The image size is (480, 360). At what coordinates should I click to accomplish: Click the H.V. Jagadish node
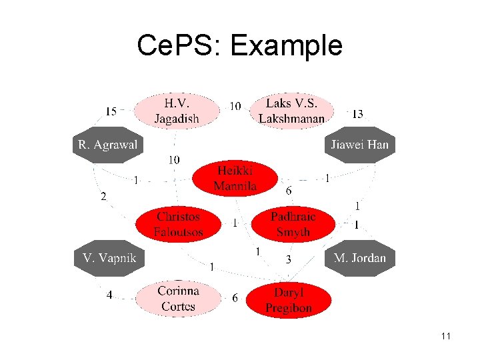[177, 111]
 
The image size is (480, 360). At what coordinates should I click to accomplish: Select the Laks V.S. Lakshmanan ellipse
[291, 111]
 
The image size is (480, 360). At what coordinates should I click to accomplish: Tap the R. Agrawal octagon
[107, 144]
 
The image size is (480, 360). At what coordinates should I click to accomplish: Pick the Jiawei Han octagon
[359, 144]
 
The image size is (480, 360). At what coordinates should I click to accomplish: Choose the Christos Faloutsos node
[178, 225]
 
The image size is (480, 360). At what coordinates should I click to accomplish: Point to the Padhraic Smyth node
[293, 225]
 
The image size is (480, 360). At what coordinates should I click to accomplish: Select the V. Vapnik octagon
[109, 257]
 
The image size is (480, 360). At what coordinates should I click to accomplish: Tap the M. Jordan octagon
[359, 257]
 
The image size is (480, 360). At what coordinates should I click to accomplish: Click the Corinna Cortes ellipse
[178, 299]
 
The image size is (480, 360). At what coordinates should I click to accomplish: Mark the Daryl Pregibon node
[288, 300]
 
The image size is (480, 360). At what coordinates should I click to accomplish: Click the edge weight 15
[111, 111]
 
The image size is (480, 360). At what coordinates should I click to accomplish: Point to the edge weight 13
[357, 115]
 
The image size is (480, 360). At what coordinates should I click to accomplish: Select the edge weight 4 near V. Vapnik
[109, 295]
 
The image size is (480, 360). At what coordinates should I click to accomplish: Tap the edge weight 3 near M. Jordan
[288, 259]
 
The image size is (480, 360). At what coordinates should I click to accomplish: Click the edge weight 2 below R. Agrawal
[103, 197]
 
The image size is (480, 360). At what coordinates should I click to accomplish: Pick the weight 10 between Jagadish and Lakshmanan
[235, 106]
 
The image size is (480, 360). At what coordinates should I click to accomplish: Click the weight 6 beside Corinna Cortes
[235, 298]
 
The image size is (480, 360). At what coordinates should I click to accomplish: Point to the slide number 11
[446, 336]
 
